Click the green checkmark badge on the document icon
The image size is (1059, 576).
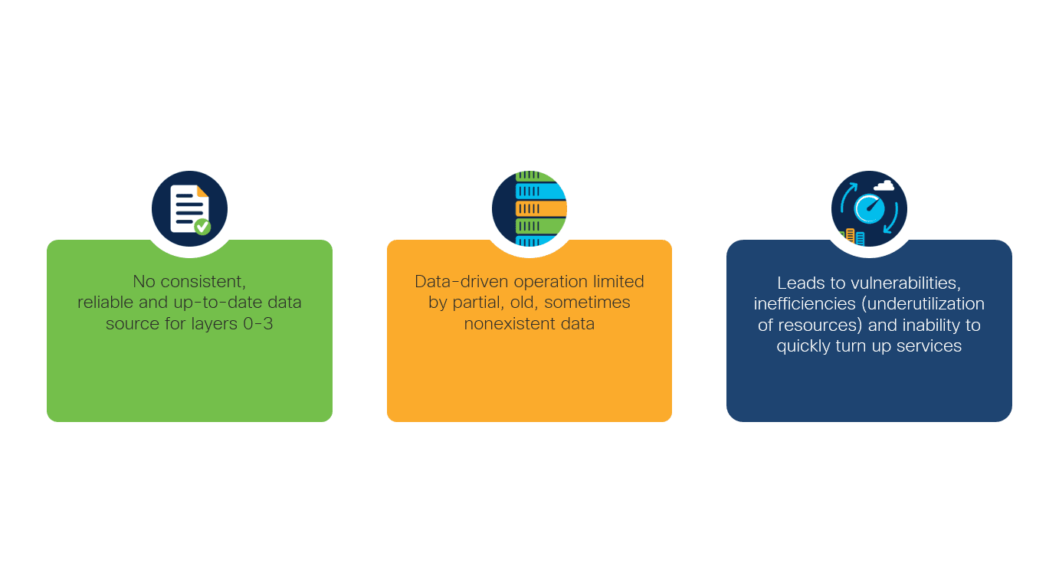pos(202,227)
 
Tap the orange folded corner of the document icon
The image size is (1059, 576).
pos(202,191)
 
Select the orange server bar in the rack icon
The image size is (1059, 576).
pos(541,208)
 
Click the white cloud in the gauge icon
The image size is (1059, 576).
pos(884,185)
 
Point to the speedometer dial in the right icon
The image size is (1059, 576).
pos(869,208)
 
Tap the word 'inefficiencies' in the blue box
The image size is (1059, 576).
pos(805,304)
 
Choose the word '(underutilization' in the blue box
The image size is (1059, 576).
pos(923,304)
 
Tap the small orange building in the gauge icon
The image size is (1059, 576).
pos(850,236)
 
